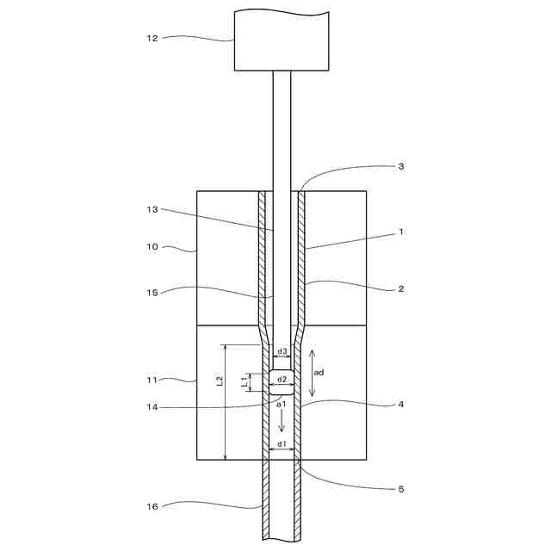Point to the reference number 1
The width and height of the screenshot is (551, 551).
(401, 232)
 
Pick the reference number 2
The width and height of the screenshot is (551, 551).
(401, 289)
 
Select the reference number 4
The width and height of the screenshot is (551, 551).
(401, 404)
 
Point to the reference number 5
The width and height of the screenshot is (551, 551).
(401, 489)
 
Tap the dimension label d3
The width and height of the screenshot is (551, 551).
(282, 351)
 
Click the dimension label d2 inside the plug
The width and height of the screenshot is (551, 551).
(282, 380)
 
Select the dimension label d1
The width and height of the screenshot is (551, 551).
(282, 444)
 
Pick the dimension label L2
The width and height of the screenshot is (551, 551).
(220, 380)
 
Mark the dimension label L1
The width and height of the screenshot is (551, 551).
(245, 380)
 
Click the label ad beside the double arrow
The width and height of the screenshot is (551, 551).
(319, 373)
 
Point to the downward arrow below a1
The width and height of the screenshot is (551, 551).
(282, 422)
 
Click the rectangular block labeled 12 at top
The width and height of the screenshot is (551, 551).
(282, 41)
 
